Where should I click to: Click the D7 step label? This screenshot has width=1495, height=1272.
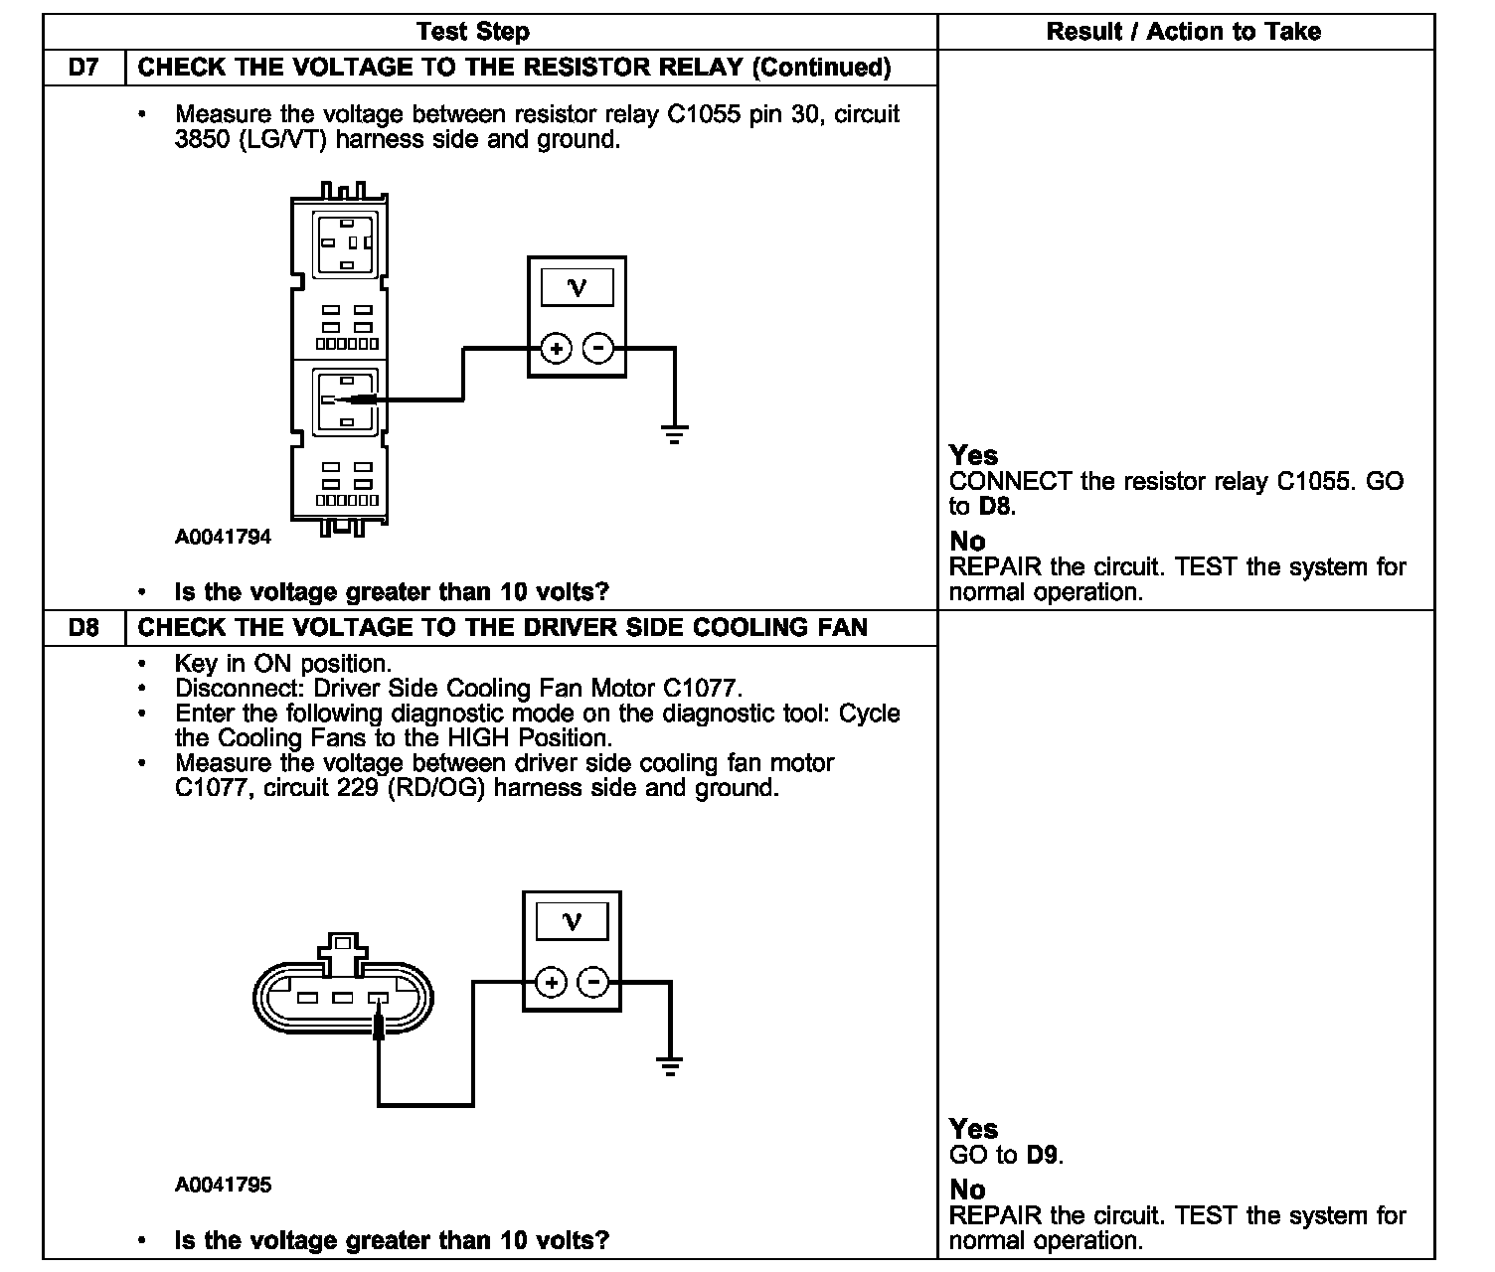tap(84, 68)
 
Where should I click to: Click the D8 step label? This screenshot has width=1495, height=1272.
tap(84, 628)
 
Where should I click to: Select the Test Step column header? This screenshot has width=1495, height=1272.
tap(473, 32)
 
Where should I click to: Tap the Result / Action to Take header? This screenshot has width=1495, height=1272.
tap(1183, 32)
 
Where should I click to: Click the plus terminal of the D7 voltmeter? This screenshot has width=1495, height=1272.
tap(556, 349)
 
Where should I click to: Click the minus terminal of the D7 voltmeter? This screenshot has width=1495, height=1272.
tap(597, 349)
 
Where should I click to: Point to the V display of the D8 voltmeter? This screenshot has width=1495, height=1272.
tap(572, 921)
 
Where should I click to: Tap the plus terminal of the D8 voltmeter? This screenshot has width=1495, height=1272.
tap(551, 983)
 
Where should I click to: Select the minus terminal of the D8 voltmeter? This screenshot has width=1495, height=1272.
tap(593, 983)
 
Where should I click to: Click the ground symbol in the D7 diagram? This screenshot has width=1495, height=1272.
tap(675, 433)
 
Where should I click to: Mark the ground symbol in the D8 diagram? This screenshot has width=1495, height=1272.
tap(670, 1067)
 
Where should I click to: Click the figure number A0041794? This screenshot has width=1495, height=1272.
tap(223, 538)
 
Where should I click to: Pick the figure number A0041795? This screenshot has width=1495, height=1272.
tap(223, 1185)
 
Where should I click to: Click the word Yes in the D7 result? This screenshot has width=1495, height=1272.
tap(973, 455)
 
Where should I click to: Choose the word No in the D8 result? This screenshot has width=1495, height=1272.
tap(967, 1190)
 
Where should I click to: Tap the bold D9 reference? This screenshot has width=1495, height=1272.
tap(1043, 1156)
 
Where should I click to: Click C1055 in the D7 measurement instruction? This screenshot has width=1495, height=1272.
tap(704, 115)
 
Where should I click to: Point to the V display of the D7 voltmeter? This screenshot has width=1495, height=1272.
tap(577, 288)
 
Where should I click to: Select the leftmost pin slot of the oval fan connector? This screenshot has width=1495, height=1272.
tap(308, 998)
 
